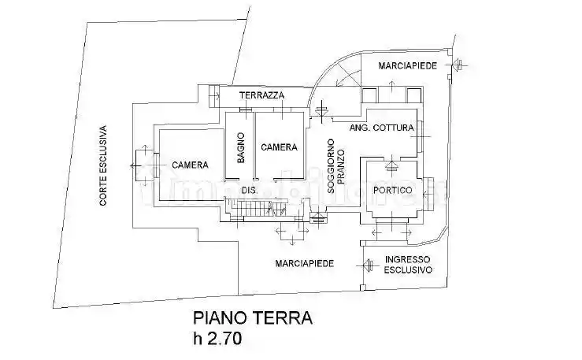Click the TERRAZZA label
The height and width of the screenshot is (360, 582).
click(x=262, y=95)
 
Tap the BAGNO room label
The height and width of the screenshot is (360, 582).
click(x=241, y=147)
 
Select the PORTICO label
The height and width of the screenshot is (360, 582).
click(x=393, y=190)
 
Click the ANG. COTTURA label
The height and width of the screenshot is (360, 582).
click(x=381, y=128)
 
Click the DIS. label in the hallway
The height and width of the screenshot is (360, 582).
click(x=249, y=191)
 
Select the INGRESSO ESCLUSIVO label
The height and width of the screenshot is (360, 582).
click(x=407, y=264)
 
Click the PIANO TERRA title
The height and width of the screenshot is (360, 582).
click(x=253, y=318)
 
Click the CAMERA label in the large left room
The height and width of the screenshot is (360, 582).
click(x=190, y=165)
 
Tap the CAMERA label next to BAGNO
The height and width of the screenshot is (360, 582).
click(x=279, y=147)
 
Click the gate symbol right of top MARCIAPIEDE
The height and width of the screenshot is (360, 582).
click(x=458, y=65)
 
